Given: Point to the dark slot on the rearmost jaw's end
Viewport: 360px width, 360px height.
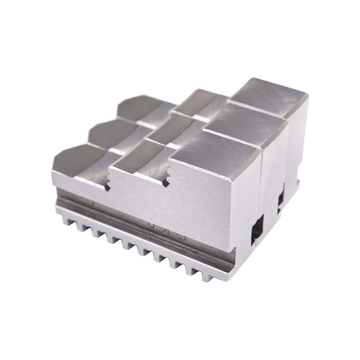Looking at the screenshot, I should tap(280, 202).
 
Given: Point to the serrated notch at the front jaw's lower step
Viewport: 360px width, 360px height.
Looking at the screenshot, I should tap(107, 185).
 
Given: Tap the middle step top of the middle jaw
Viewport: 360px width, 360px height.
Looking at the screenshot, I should tap(166, 131).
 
